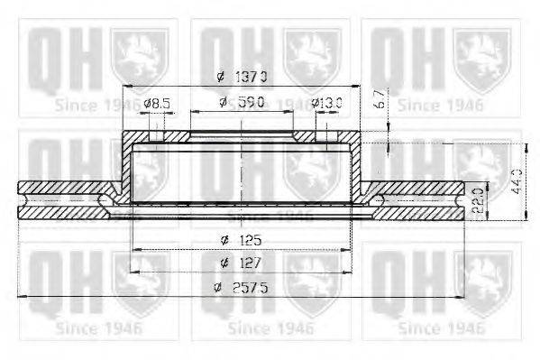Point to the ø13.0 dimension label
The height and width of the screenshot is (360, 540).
326,104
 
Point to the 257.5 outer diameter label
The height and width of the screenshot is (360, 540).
242,288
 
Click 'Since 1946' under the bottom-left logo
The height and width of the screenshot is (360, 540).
97,328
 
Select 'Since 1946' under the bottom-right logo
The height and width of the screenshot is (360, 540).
444,328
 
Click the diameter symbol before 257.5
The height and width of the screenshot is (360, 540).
217,288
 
